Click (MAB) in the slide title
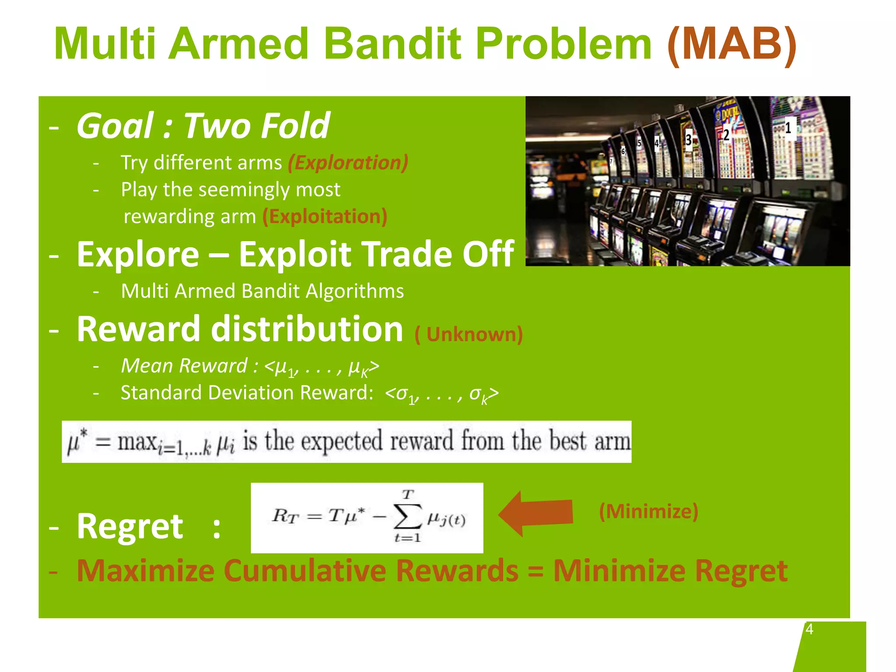[732, 44]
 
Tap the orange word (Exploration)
[348, 163]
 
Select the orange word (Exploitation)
[325, 217]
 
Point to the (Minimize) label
[648, 511]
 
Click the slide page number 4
[809, 629]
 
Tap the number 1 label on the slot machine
[788, 128]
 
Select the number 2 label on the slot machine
[726, 135]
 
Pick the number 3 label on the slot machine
[689, 140]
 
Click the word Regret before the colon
[130, 526]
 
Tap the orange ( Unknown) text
[469, 334]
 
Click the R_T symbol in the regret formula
[285, 516]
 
